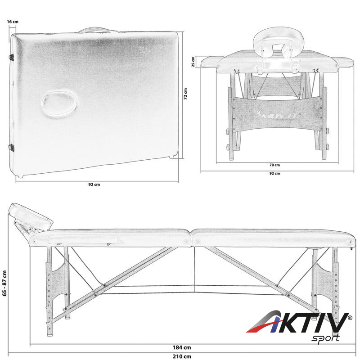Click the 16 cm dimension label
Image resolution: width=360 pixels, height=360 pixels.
(13, 22)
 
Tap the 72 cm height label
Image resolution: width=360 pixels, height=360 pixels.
(185, 94)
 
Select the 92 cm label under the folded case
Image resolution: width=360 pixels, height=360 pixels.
(94, 184)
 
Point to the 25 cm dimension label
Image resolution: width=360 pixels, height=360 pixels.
(193, 62)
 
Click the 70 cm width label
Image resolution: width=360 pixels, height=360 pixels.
(274, 165)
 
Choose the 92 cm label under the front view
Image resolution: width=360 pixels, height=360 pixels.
(274, 173)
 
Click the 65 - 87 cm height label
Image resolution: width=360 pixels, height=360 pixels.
(4, 283)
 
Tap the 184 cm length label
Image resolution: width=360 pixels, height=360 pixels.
(182, 347)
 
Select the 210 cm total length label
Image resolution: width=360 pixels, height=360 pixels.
(182, 356)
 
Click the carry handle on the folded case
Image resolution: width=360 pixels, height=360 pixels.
(97, 30)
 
